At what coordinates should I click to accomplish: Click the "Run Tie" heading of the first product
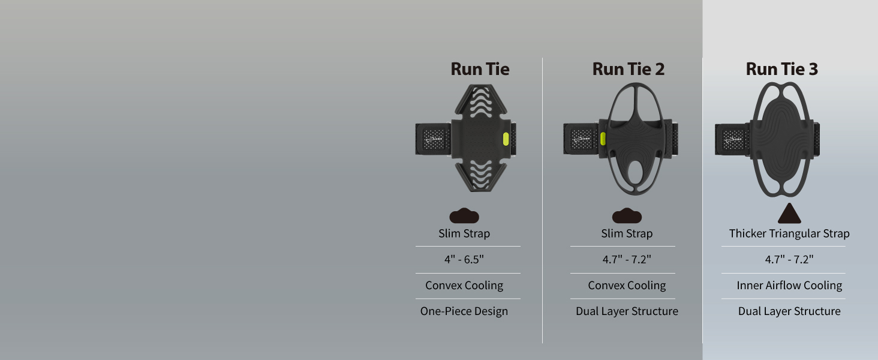point(480,69)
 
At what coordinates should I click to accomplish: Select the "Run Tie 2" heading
point(628,69)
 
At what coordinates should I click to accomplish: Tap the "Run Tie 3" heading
point(781,69)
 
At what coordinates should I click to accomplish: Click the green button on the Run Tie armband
point(506,139)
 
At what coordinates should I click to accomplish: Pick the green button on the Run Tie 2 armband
point(603,139)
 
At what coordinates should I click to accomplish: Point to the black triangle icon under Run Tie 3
point(789,214)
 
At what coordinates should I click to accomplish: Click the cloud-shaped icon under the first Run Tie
point(464,215)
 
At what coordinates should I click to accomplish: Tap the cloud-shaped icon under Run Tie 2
point(627,215)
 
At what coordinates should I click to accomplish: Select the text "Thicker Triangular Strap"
point(789,233)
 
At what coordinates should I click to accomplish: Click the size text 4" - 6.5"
point(464,259)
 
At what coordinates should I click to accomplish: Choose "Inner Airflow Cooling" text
point(789,286)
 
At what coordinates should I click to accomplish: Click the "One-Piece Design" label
point(464,311)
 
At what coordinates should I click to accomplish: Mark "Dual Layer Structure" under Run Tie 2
point(627,311)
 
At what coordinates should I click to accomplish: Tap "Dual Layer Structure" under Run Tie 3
point(789,311)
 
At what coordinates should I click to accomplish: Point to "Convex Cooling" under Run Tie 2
point(627,286)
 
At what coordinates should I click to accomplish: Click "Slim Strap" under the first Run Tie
point(464,233)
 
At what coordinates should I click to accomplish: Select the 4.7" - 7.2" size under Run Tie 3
point(789,259)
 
